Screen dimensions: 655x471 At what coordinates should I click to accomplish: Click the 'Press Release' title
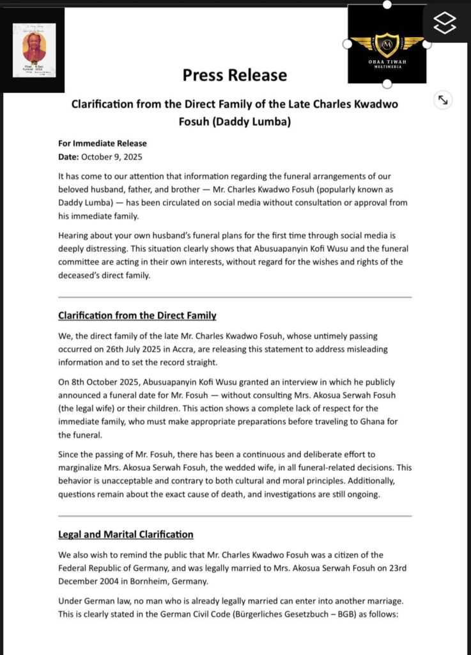pyautogui.click(x=235, y=75)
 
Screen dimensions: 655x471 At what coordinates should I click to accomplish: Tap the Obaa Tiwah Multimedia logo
pyautogui.click(x=387, y=45)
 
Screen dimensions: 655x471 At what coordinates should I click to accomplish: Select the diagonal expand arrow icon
pyautogui.click(x=442, y=100)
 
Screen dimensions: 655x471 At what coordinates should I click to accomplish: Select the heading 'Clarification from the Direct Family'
pyautogui.click(x=137, y=315)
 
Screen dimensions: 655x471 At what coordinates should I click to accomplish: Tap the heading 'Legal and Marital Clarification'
pyautogui.click(x=125, y=533)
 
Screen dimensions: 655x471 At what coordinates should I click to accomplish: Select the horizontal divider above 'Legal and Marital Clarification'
pyautogui.click(x=235, y=516)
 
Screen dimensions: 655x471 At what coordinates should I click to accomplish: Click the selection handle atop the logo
pyautogui.click(x=387, y=4)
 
